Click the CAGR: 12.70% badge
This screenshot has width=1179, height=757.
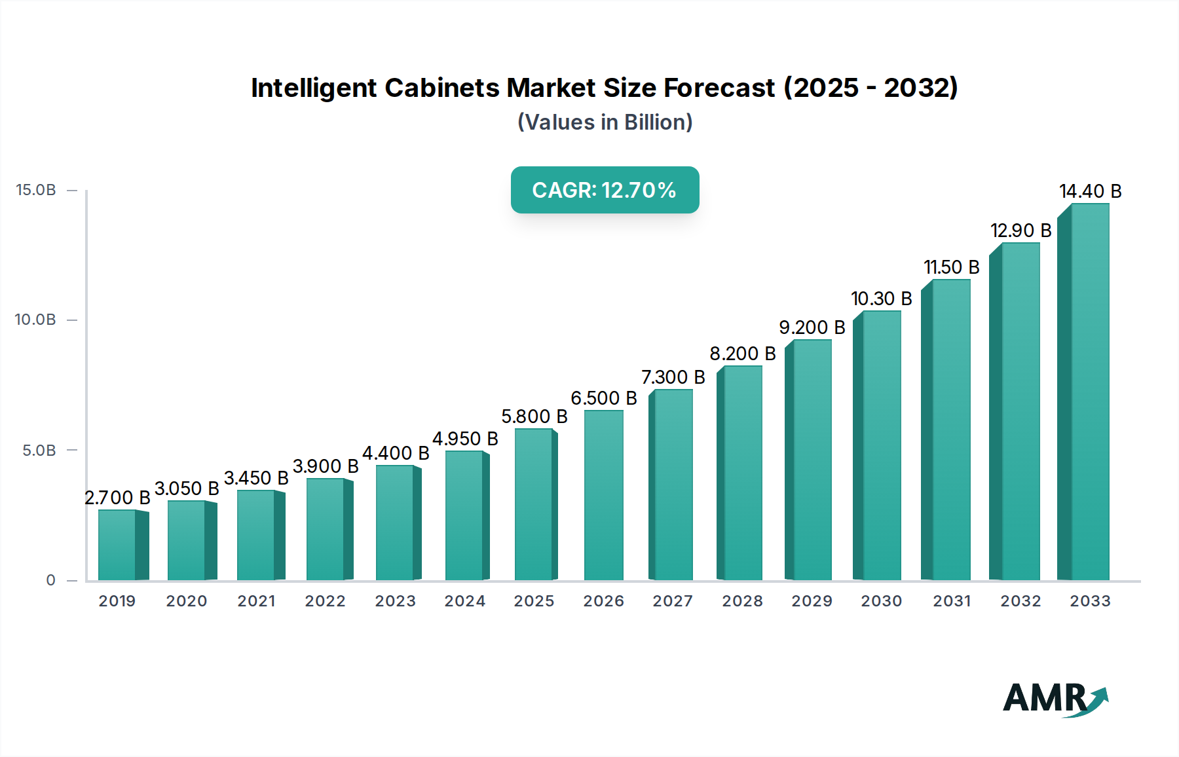point(605,190)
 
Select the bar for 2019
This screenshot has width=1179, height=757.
point(118,545)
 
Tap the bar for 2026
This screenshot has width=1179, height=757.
point(603,495)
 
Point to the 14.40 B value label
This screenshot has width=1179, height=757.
point(1090,191)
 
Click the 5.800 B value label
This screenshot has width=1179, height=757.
point(534,416)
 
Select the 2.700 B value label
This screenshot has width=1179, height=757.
point(117,498)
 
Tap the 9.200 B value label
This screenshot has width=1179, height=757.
point(812,327)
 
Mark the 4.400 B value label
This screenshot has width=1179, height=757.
point(396,453)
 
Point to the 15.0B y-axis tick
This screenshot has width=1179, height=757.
point(36,190)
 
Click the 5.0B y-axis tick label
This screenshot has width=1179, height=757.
point(39,451)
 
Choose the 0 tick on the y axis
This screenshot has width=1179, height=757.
point(51,580)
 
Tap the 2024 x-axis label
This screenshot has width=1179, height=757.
point(464,601)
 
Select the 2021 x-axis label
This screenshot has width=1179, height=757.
point(256,601)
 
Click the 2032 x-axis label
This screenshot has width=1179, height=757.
point(1020,601)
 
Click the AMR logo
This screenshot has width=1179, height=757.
point(1055,699)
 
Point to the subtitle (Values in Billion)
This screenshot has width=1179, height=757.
point(605,122)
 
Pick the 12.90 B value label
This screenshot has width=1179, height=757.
point(1020,231)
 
